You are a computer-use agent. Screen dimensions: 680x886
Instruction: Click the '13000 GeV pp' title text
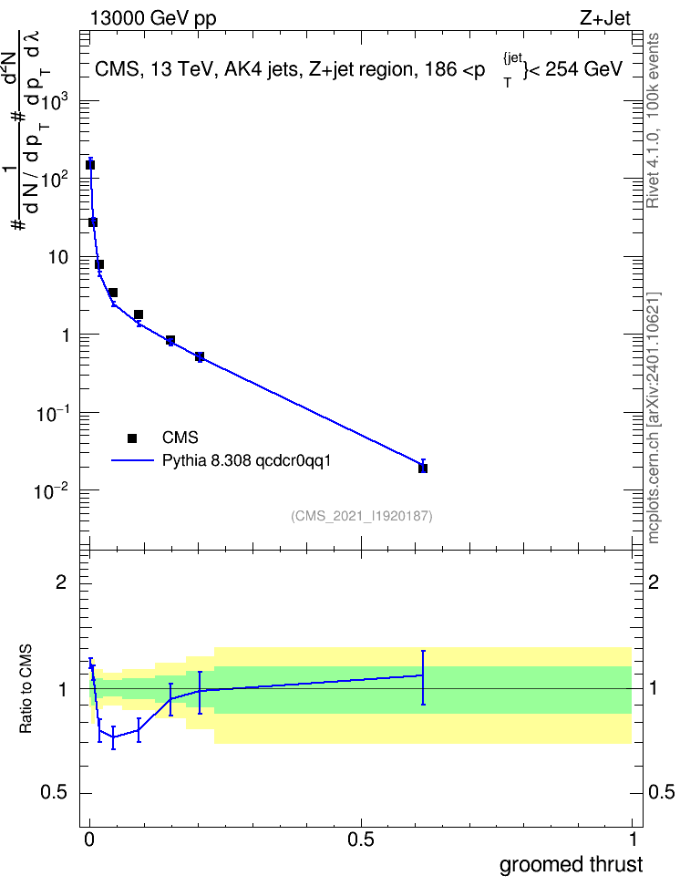tap(152, 18)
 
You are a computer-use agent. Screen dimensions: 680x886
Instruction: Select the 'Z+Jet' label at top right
tap(605, 18)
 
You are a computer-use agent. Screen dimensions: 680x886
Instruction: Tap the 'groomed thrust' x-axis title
tap(571, 864)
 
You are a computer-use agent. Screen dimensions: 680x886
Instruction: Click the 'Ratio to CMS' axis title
tap(26, 689)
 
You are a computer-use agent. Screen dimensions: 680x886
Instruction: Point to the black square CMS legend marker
tap(132, 438)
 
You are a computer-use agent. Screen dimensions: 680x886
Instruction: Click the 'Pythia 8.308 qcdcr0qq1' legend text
tap(246, 461)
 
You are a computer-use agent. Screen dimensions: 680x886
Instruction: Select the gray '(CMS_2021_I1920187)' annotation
tap(362, 516)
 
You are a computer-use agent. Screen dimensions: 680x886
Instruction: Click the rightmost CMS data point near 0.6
tap(423, 468)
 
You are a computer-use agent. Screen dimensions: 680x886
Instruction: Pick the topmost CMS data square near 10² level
tap(90, 165)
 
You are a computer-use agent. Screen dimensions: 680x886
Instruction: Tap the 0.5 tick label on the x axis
tap(361, 840)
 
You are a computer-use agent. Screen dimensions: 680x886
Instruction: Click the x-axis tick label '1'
tap(633, 840)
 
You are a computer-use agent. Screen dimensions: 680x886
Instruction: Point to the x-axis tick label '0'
tap(89, 840)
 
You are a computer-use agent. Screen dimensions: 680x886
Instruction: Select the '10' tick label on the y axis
tap(58, 258)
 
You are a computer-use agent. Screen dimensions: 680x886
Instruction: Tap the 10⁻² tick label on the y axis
tap(52, 490)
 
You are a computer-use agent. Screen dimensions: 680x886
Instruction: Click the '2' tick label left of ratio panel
tap(62, 582)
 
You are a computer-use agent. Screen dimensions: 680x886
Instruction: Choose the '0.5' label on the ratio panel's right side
tap(661, 793)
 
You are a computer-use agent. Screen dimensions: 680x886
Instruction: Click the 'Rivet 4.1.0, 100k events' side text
tap(653, 120)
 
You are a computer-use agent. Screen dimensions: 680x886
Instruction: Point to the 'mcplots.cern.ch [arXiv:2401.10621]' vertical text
tap(653, 418)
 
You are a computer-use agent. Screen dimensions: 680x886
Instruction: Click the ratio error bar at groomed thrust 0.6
tap(423, 677)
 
